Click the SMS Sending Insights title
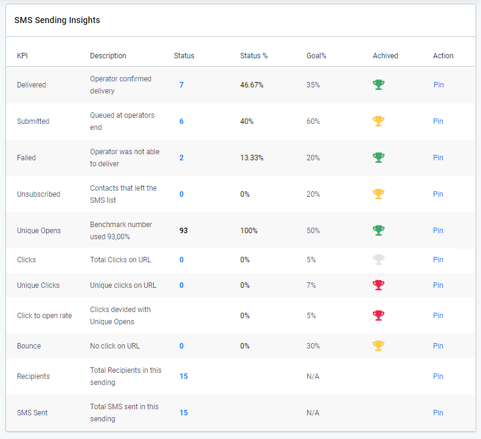[57, 20]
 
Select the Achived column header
[385, 56]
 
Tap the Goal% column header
[316, 56]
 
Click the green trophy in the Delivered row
[378, 85]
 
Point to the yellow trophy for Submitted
[378, 121]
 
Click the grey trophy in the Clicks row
[378, 260]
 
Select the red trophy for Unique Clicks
[378, 285]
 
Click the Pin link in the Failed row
[438, 158]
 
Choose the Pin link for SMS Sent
[438, 413]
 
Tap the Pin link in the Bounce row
[438, 346]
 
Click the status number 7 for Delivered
[181, 85]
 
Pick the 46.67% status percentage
[252, 85]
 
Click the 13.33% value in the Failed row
[252, 158]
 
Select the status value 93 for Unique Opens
[183, 231]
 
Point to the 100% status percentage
[249, 231]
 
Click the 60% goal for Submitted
[313, 121]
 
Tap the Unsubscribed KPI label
[38, 194]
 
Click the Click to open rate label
[44, 316]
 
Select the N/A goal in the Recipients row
[313, 376]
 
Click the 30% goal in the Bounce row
[313, 346]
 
